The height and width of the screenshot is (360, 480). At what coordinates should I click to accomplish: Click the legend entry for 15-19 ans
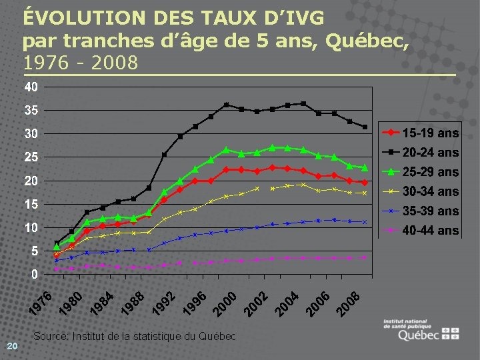pyautogui.click(x=419, y=133)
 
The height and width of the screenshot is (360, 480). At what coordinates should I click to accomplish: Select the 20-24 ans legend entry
pyautogui.click(x=419, y=153)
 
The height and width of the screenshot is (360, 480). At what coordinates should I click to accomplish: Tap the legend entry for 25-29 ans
pyautogui.click(x=419, y=172)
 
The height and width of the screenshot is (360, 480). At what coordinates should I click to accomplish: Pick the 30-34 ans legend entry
pyautogui.click(x=419, y=191)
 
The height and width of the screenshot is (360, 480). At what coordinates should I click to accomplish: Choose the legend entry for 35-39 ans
pyautogui.click(x=419, y=211)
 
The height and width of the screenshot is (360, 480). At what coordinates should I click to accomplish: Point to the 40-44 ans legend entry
pyautogui.click(x=419, y=231)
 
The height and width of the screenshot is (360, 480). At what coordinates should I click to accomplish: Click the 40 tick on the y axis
pyautogui.click(x=31, y=87)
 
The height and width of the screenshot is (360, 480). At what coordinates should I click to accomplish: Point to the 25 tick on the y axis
pyautogui.click(x=31, y=157)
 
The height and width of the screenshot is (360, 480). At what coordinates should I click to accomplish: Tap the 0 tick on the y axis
pyautogui.click(x=34, y=275)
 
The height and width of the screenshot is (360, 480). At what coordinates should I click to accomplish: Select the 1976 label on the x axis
pyautogui.click(x=43, y=303)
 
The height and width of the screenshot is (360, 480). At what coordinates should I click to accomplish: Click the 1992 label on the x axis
pyautogui.click(x=163, y=303)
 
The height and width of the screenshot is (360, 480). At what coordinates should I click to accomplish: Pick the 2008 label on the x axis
pyautogui.click(x=347, y=303)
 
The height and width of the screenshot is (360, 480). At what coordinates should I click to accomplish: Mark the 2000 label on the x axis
pyautogui.click(x=225, y=303)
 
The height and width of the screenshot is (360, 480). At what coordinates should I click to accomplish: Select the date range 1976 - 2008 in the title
pyautogui.click(x=81, y=63)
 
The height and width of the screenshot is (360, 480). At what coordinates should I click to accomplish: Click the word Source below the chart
pyautogui.click(x=49, y=336)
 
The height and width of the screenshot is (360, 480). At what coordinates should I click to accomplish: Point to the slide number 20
pyautogui.click(x=12, y=345)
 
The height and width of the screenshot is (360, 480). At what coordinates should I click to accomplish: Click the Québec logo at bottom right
pyautogui.click(x=421, y=331)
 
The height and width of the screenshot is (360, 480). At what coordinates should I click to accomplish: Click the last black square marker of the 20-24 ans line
pyautogui.click(x=365, y=127)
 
